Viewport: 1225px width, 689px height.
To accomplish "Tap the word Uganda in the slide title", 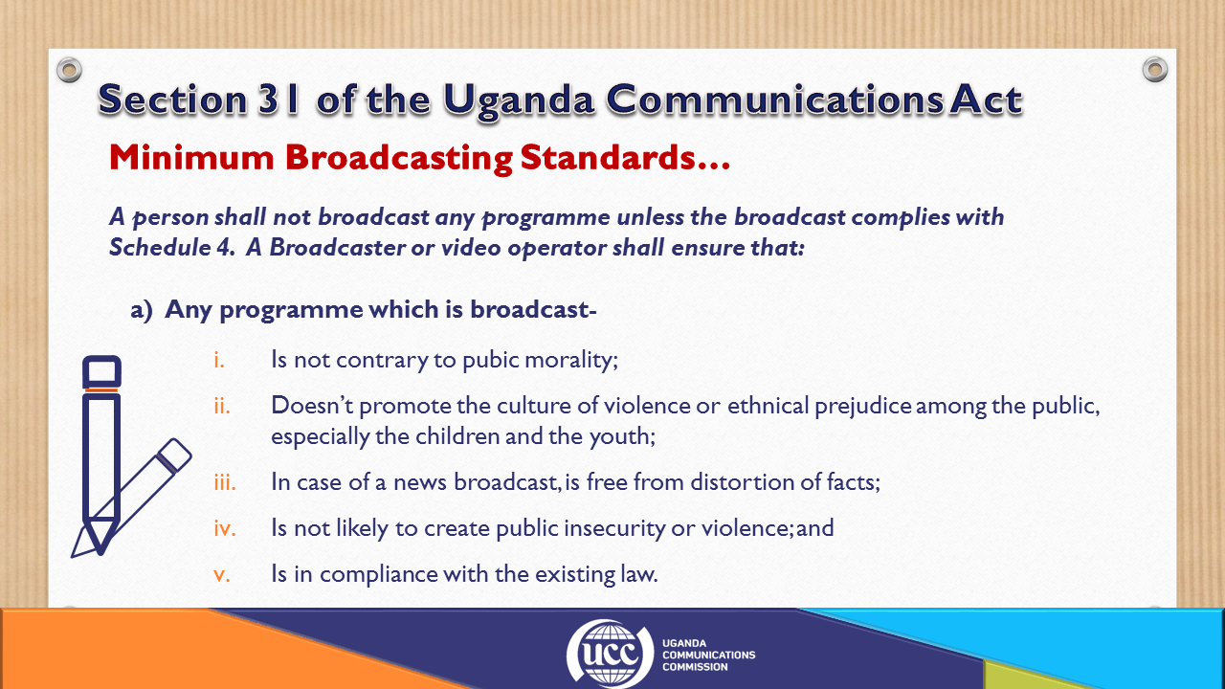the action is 519,101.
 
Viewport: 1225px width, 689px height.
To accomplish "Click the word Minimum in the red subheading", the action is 191,158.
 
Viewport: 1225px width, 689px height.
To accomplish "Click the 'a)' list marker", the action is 141,310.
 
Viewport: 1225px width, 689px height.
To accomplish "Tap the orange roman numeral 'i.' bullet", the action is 219,360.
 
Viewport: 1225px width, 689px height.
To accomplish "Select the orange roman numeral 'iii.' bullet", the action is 225,482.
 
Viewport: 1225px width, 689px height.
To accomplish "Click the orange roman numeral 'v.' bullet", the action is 222,575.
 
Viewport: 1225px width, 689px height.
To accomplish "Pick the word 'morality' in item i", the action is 571,361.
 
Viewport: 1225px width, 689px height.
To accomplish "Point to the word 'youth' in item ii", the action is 622,437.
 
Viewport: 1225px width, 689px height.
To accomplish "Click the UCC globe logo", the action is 610,653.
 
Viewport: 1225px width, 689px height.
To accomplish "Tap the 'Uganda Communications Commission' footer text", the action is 709,656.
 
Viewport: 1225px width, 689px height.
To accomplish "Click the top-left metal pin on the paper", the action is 70,70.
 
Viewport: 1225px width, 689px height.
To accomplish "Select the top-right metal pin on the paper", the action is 1155,70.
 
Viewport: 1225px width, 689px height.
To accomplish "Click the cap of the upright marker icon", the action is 101,372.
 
